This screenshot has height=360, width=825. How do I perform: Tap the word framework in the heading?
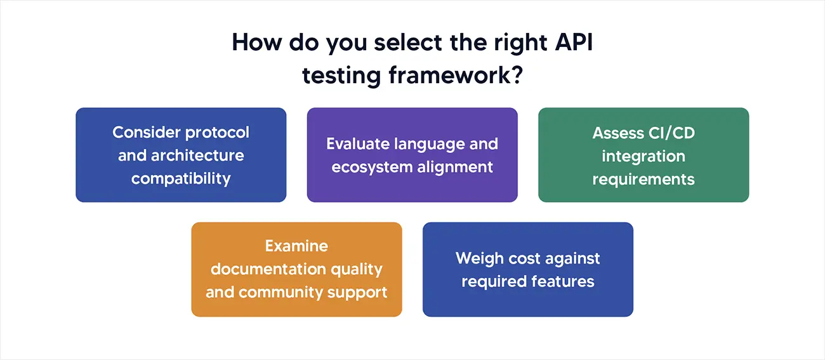point(449,75)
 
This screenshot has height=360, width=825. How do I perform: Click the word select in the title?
point(361,43)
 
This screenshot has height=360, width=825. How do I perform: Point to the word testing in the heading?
point(341,75)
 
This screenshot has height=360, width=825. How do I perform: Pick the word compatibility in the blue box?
point(181,178)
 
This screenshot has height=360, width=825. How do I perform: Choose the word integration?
point(643,156)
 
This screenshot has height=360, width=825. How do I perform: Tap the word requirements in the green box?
point(643,179)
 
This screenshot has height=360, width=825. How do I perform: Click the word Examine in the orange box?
point(296,246)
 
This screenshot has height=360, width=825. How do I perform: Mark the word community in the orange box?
point(279,293)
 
